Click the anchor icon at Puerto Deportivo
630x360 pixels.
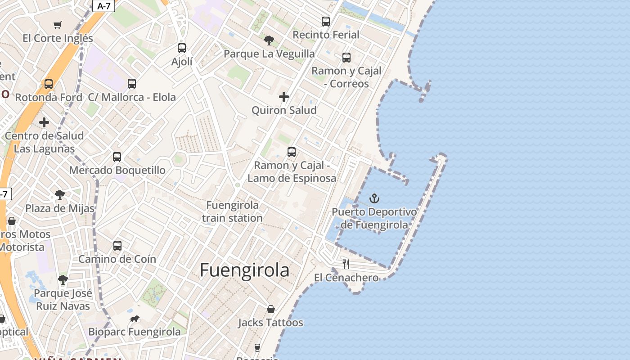374,198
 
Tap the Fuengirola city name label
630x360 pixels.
244,270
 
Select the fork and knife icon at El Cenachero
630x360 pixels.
346,264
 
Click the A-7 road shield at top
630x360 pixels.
104,6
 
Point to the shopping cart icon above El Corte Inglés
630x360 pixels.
57,25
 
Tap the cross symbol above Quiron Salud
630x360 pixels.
284,96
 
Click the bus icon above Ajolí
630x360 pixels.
182,48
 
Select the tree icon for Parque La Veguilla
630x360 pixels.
269,40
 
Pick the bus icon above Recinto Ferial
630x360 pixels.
326,21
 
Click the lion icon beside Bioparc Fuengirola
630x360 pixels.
134,319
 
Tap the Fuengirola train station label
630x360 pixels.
232,211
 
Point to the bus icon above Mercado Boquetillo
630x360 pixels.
117,157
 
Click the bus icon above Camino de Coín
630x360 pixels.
117,245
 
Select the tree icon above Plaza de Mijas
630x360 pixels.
59,195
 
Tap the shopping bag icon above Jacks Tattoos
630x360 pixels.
271,309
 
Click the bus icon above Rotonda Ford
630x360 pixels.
49,84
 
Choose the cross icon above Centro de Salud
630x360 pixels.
44,122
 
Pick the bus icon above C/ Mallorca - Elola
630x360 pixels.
132,83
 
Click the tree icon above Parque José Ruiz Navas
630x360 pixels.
63,280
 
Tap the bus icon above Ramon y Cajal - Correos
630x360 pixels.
346,57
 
